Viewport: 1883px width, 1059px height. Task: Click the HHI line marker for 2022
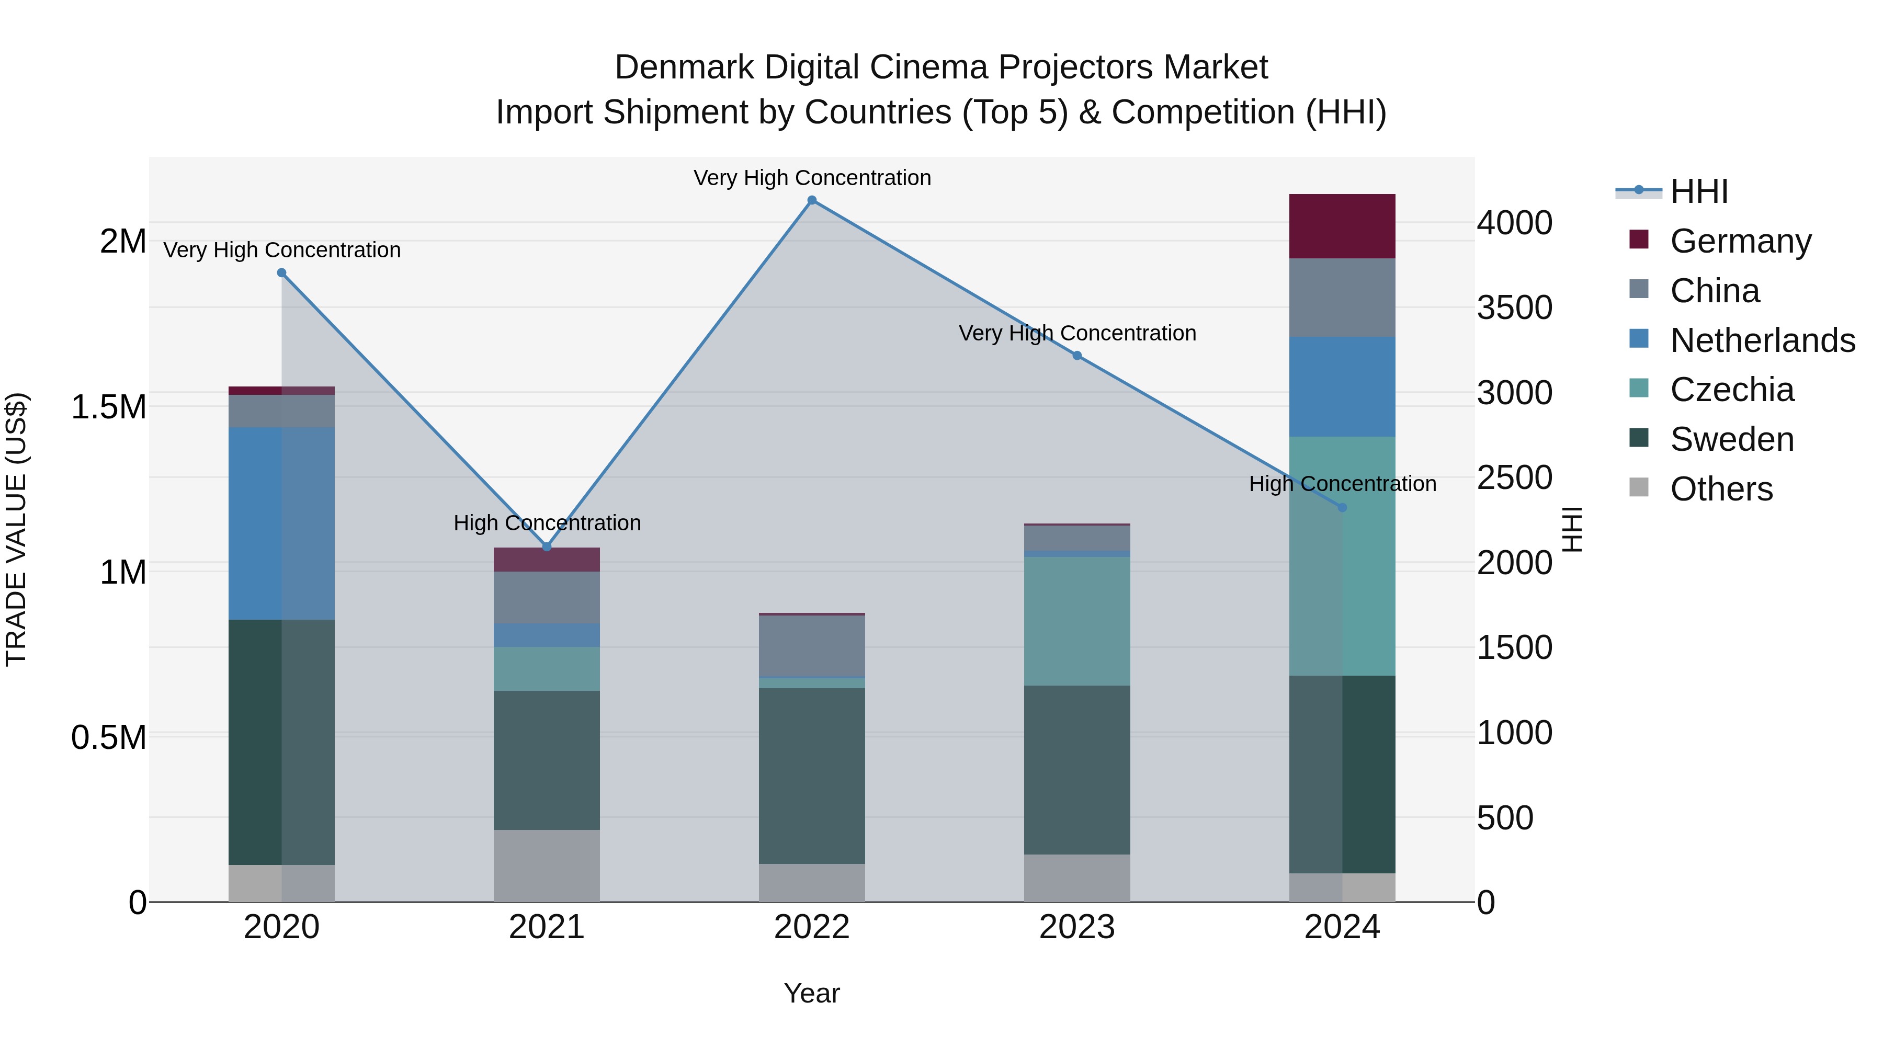(x=811, y=200)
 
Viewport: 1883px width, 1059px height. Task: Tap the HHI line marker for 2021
(x=547, y=546)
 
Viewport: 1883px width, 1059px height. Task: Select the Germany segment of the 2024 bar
(x=1342, y=226)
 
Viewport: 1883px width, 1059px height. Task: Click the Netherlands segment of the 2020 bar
(x=281, y=523)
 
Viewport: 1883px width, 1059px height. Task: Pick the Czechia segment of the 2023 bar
(x=1077, y=621)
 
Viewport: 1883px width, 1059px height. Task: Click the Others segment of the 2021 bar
(x=547, y=866)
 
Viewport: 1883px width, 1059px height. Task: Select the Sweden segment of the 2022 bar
(x=811, y=776)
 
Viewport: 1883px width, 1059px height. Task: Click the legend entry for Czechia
(x=1731, y=390)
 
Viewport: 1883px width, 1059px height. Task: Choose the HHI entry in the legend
(x=1698, y=191)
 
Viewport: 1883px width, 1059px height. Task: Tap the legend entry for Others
(x=1721, y=489)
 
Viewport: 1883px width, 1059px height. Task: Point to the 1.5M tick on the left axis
(x=108, y=407)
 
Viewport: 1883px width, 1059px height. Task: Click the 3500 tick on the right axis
(x=1514, y=308)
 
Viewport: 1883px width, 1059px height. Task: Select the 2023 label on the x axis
(x=1077, y=927)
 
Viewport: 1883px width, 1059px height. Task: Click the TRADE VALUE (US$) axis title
(x=16, y=529)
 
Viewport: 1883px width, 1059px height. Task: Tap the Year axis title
(x=811, y=993)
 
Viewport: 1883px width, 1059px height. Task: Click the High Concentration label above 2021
(x=547, y=523)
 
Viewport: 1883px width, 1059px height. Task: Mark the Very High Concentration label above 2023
(x=1077, y=333)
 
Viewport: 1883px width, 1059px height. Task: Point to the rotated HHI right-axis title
(x=1572, y=529)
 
